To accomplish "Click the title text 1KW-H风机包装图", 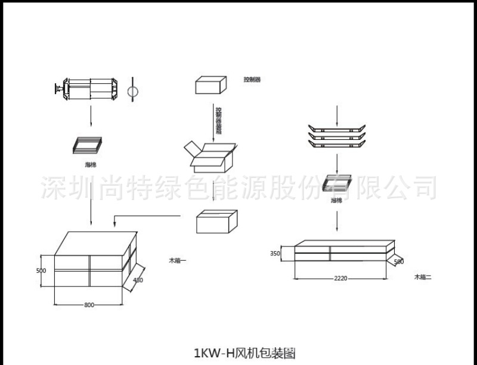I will pos(244,352).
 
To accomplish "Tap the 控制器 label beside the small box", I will pos(252,79).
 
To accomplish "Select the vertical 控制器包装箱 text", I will pos(218,121).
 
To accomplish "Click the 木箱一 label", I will pos(178,260).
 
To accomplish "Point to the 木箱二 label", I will pos(423,277).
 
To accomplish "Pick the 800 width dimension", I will pos(89,305).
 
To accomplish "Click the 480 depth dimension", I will pos(138,280).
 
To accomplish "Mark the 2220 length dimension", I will pos(340,278).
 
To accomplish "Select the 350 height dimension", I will pos(275,253).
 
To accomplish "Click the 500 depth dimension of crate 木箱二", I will pos(399,261).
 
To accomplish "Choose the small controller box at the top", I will pos(212,85).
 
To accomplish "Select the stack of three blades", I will pos(337,136).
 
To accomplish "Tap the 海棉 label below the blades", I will pos(337,201).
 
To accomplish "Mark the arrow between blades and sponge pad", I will pos(337,161).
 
